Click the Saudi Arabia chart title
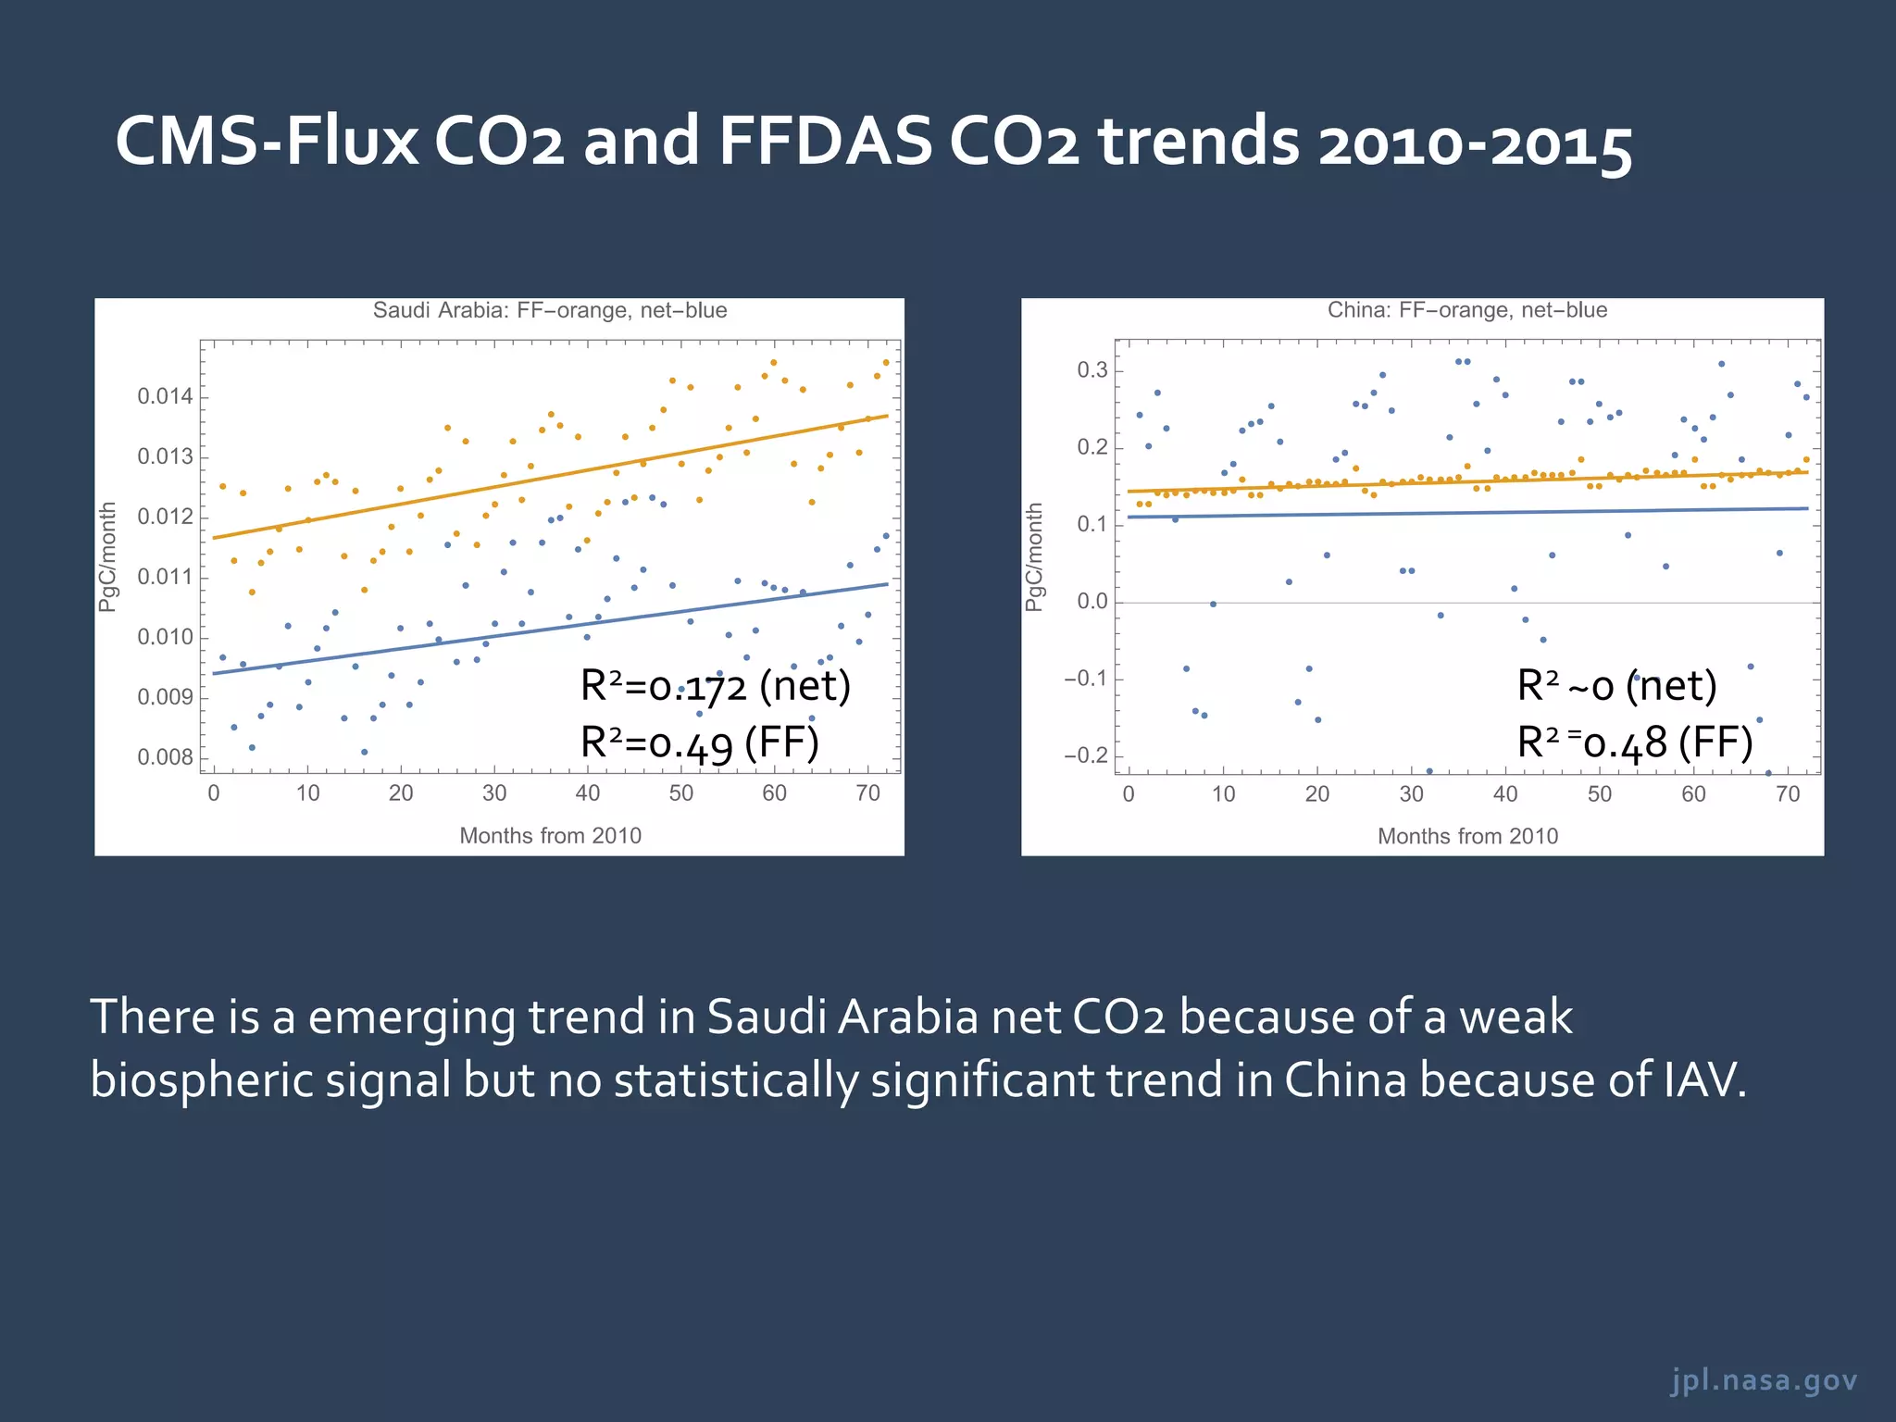coord(550,310)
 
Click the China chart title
coord(1466,310)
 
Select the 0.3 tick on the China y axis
coord(1091,370)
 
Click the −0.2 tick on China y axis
coord(1085,755)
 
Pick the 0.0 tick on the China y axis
coord(1091,602)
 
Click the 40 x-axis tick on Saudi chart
coord(587,793)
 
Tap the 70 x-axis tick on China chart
coord(1788,794)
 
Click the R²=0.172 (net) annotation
coord(715,686)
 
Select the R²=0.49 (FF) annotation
coord(699,742)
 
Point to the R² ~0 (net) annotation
coord(1616,686)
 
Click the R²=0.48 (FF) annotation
coord(1635,742)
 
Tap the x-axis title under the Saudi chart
coord(550,836)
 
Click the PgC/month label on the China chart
coord(1034,556)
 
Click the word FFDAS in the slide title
coord(824,142)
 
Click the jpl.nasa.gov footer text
coord(1764,1380)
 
